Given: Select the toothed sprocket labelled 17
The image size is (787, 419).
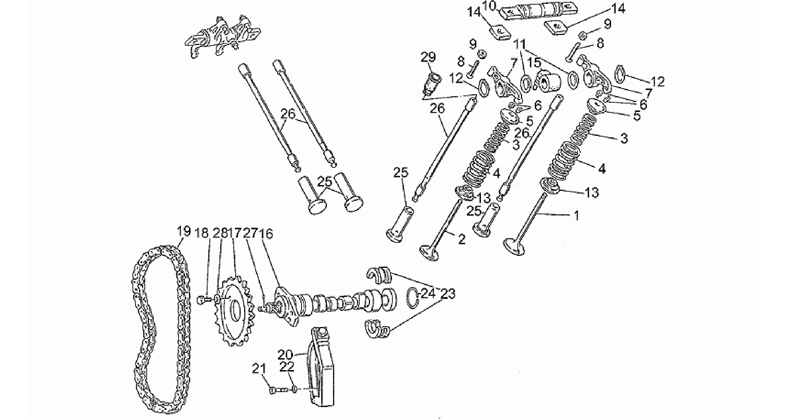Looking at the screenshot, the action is click(233, 311).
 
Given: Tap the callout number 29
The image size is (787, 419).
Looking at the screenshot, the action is click(428, 57).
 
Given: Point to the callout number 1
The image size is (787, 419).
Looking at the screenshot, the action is click(576, 217).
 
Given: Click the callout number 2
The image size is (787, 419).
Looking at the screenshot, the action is click(462, 239).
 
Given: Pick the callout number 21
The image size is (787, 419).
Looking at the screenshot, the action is click(259, 369).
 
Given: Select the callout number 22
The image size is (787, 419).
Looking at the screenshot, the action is click(287, 366).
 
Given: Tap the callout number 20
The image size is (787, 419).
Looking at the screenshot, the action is click(286, 354).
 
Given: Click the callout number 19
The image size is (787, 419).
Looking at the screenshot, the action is click(184, 232).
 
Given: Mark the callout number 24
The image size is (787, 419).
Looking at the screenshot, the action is click(428, 294).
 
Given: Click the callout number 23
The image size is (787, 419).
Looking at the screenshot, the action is click(447, 294).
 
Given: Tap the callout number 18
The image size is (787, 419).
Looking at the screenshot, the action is click(202, 233).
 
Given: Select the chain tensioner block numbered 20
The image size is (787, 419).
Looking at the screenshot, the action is click(323, 366).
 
